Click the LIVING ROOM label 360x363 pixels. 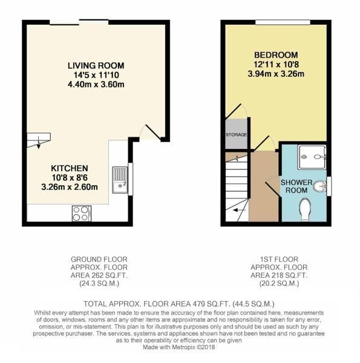(96, 65)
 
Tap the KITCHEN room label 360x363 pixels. (70, 168)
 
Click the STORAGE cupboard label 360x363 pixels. (235, 135)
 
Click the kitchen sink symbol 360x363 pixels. (119, 180)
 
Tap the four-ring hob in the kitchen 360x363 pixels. (81, 212)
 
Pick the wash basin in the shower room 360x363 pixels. (327, 186)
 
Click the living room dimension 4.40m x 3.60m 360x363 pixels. (96, 84)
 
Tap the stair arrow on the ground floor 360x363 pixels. (38, 141)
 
